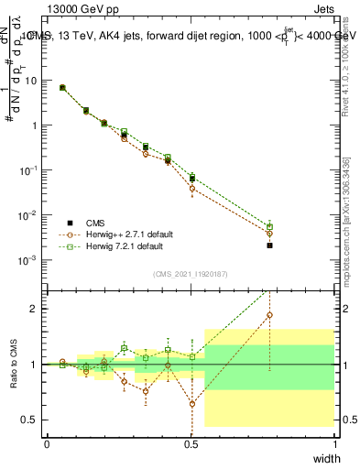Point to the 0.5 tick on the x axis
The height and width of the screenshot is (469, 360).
tap(191, 444)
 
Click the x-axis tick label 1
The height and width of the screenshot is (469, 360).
tap(334, 444)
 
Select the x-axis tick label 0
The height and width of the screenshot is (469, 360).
tap(48, 444)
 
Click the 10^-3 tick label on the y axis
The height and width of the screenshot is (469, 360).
tap(30, 260)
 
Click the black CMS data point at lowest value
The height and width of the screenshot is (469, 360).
tap(269, 245)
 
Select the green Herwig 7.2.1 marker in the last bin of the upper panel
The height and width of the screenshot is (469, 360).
tap(269, 226)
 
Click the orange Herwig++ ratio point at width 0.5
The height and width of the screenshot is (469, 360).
tap(191, 403)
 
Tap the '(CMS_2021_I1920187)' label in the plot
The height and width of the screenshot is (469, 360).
tap(191, 273)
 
